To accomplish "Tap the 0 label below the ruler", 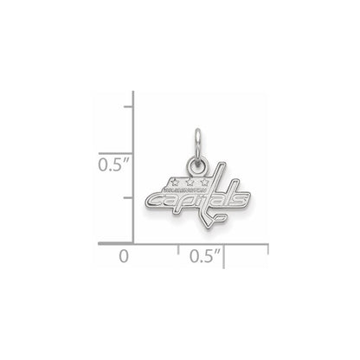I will click(124, 256).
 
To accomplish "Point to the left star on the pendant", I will click(176, 183).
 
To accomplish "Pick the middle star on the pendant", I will click(190, 183).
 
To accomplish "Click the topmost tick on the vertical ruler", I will click(128, 107).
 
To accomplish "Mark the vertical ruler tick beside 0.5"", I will click(128, 152).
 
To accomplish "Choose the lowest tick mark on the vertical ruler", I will click(128, 197).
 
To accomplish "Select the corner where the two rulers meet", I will click(132, 243).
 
